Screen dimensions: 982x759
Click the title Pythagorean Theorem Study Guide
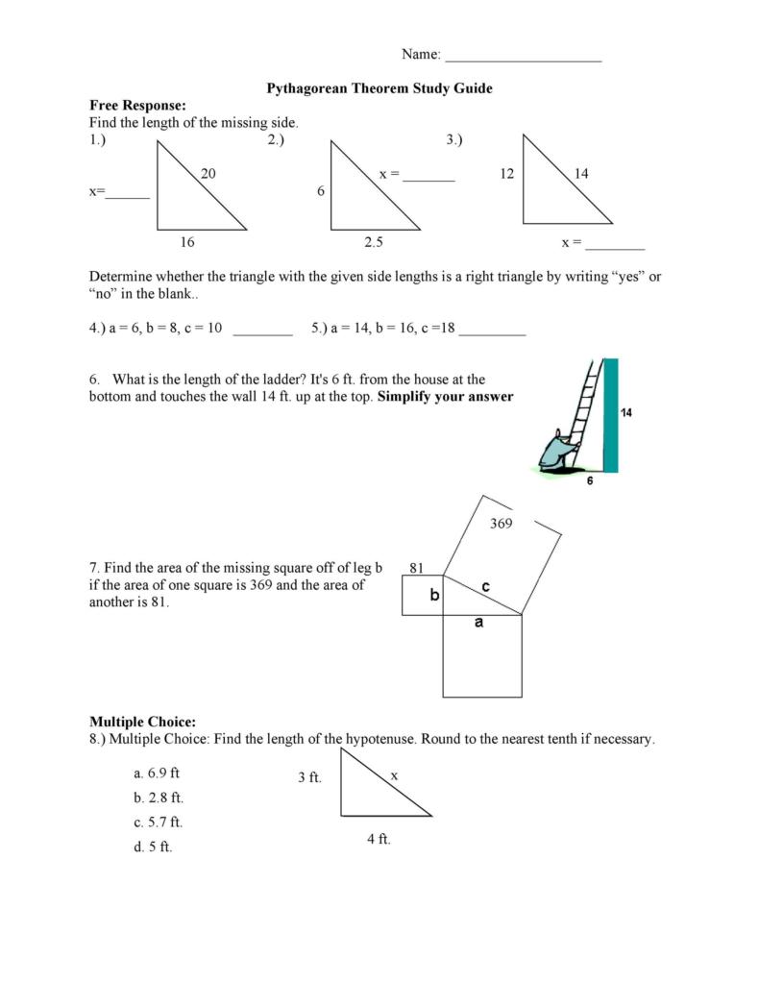point(379,88)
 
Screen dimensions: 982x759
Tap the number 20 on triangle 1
point(208,174)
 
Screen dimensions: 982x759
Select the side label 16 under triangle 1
point(187,243)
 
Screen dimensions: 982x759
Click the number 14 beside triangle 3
point(581,174)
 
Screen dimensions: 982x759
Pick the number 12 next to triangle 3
point(508,174)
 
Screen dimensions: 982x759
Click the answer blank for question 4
point(262,331)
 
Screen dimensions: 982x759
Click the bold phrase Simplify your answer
point(446,397)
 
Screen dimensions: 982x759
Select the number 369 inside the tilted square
point(501,524)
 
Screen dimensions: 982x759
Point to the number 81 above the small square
point(417,568)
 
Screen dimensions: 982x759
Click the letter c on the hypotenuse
point(486,585)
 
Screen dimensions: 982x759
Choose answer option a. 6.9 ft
point(158,773)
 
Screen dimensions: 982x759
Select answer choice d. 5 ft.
point(154,847)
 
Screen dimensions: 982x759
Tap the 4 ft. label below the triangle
point(379,839)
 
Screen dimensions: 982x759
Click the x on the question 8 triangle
point(394,774)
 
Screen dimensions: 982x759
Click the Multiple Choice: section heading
point(143,722)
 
